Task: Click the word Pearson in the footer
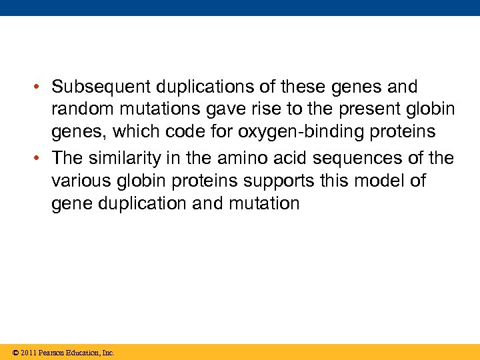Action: point(51,353)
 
